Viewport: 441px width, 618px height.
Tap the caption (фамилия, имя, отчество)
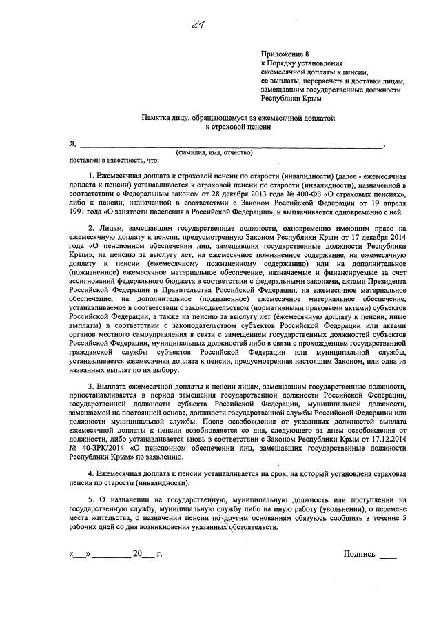[x=214, y=152]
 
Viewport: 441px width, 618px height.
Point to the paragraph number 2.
[x=91, y=227]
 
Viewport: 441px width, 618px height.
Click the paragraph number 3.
[x=91, y=388]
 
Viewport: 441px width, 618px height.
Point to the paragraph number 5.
[x=91, y=499]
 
